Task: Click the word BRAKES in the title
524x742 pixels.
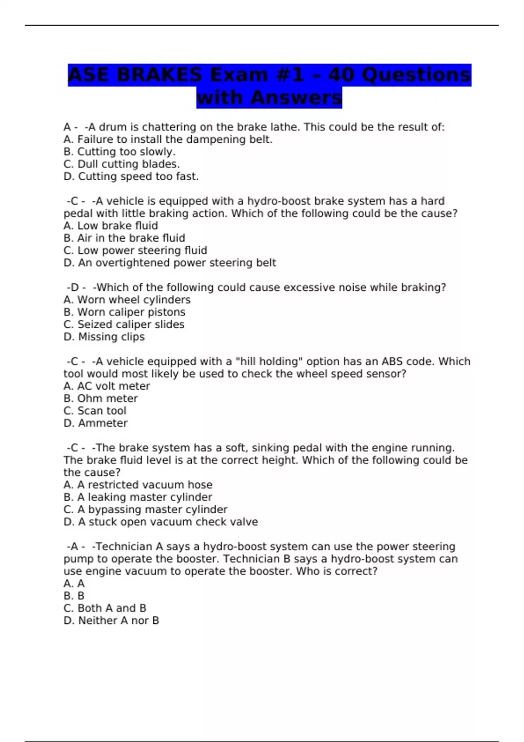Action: click(x=159, y=75)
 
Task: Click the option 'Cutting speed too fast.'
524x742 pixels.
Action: click(x=131, y=176)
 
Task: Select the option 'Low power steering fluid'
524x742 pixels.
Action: click(x=135, y=251)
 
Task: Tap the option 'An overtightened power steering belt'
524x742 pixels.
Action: click(x=170, y=263)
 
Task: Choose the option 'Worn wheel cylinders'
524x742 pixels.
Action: click(x=127, y=300)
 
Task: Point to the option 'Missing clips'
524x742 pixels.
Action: click(x=104, y=337)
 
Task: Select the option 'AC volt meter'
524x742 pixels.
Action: click(x=107, y=386)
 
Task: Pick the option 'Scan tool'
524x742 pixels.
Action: click(x=95, y=411)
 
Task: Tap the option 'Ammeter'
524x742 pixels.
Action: click(x=96, y=423)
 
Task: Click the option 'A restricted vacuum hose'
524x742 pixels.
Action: click(x=138, y=485)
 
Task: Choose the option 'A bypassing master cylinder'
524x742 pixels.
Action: click(x=145, y=509)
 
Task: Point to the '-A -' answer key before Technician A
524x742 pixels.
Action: click(x=76, y=546)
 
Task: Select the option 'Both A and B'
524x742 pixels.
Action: click(x=105, y=608)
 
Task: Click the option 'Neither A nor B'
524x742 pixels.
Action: click(x=111, y=620)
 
